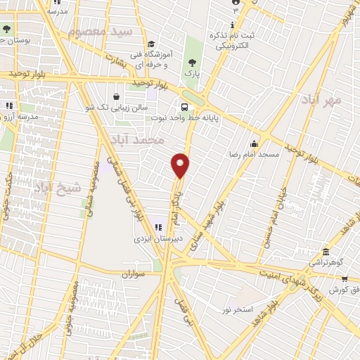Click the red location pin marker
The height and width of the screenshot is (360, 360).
pos(181,165)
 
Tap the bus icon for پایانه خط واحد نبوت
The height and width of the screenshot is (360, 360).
pos(184,108)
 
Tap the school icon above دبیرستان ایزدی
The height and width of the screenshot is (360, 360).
pos(158,226)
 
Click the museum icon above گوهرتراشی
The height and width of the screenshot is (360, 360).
pos(325,252)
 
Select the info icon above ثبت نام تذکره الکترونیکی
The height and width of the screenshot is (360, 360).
pos(236,2)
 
